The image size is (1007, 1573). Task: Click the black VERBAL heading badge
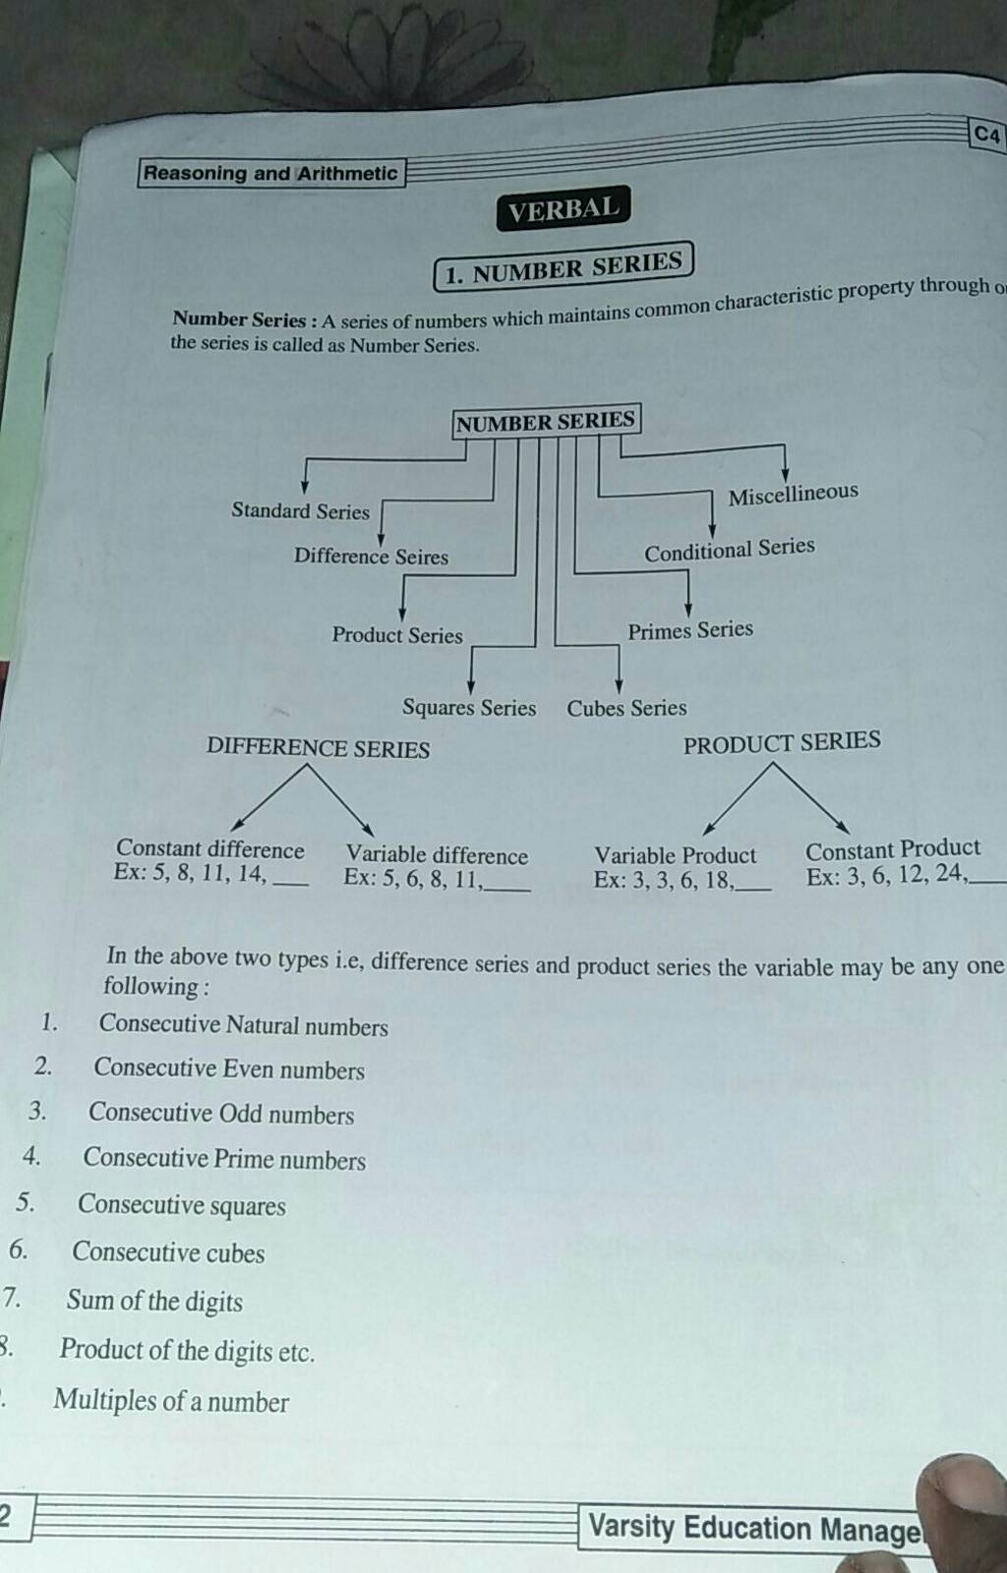pyautogui.click(x=563, y=208)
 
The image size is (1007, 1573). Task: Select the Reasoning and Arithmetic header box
pyautogui.click(x=270, y=174)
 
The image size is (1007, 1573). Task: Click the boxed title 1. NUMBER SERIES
pyautogui.click(x=563, y=266)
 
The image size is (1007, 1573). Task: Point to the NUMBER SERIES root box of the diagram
pyautogui.click(x=546, y=422)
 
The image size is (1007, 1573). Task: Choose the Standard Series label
pyautogui.click(x=300, y=510)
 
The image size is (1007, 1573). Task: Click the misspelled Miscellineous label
pyautogui.click(x=793, y=494)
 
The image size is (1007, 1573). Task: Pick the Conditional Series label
pyautogui.click(x=729, y=550)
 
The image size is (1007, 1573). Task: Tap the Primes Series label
pyautogui.click(x=690, y=630)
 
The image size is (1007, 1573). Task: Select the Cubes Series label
pyautogui.click(x=626, y=708)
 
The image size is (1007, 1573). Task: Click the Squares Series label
pyautogui.click(x=469, y=708)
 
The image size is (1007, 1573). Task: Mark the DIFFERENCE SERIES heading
pyautogui.click(x=318, y=748)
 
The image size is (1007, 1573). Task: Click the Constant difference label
pyautogui.click(x=210, y=849)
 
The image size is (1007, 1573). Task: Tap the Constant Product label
pyautogui.click(x=893, y=848)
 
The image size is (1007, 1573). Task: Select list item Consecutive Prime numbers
pyautogui.click(x=224, y=1159)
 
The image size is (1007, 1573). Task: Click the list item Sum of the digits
pyautogui.click(x=154, y=1302)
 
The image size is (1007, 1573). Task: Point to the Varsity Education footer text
pyautogui.click(x=753, y=1529)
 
